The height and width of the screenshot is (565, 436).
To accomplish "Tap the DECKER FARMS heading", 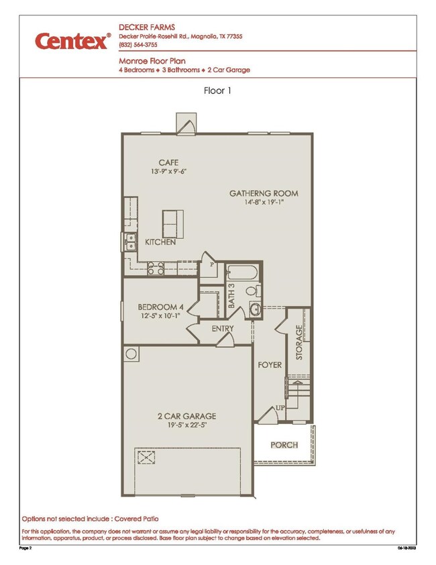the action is click(x=147, y=28).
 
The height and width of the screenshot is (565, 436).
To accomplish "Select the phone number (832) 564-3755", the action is click(x=138, y=45).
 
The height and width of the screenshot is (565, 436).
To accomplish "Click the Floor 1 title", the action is click(x=217, y=91).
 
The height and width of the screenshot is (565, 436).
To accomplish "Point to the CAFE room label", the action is click(x=168, y=162).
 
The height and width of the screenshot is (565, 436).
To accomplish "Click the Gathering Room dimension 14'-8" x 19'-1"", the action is click(x=264, y=202).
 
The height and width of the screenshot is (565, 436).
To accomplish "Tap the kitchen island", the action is click(x=173, y=224).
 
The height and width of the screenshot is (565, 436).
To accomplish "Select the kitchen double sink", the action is click(x=130, y=242).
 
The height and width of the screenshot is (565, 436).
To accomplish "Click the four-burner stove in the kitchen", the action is click(x=156, y=268).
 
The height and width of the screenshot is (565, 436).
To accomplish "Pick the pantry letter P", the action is click(x=212, y=264).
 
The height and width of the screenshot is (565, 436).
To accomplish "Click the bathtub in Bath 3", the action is click(x=242, y=272).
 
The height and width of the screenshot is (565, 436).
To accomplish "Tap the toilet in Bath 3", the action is click(x=254, y=290).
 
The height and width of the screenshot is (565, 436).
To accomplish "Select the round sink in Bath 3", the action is click(x=256, y=309).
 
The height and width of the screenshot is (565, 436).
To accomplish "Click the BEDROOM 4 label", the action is click(x=161, y=307).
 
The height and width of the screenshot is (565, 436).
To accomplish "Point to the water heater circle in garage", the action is click(x=131, y=354).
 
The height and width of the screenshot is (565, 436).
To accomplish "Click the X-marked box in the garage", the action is click(x=146, y=458).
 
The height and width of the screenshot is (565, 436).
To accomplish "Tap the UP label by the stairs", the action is click(x=280, y=408).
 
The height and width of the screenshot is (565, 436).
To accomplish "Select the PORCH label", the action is click(x=284, y=445).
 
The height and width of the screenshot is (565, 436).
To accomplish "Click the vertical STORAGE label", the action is click(x=299, y=342).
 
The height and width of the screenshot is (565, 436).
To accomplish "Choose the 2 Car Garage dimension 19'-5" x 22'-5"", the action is click(x=187, y=425).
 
